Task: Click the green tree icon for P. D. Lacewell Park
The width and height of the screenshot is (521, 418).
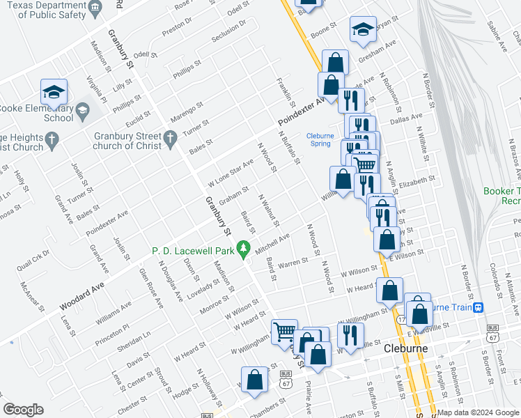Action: coord(242,247)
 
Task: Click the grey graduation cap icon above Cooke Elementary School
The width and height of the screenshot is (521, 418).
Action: coord(82,110)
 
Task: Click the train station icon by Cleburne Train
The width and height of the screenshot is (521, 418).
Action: coord(478,307)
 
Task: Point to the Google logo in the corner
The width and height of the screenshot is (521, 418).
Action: coord(23,410)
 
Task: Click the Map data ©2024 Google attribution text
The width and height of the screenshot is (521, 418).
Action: coord(478,412)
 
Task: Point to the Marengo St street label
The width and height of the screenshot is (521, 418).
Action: coord(187,111)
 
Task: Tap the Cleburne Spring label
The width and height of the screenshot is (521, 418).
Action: coord(320,140)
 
